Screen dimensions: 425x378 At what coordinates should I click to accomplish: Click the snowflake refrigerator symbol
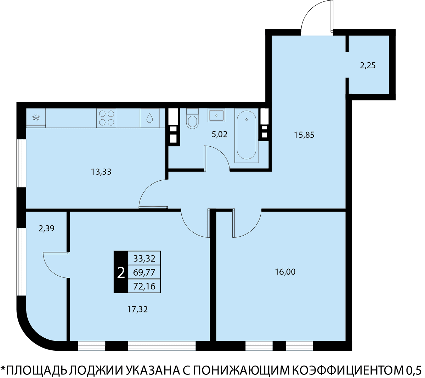tap(36, 118)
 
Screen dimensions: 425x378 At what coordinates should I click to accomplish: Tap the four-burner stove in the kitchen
tap(106, 118)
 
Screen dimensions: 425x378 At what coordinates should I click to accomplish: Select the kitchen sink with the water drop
tap(149, 118)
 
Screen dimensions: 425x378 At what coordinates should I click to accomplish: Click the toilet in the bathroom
tap(193, 118)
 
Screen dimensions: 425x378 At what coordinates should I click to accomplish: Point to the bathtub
tap(246, 135)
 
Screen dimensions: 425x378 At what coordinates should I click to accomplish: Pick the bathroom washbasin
tap(216, 115)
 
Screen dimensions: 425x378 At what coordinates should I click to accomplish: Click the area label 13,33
tap(101, 172)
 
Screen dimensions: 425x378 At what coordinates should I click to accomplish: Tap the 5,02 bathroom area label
tap(220, 134)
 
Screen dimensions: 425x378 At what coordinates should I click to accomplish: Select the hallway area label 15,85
tap(304, 135)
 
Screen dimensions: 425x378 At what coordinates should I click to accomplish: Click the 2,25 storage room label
tap(368, 66)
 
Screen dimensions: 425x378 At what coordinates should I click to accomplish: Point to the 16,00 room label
tap(285, 272)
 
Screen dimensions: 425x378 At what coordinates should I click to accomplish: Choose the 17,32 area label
tap(137, 309)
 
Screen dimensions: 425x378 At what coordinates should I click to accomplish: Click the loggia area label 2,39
tap(46, 229)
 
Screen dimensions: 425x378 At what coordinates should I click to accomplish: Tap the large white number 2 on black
tap(121, 273)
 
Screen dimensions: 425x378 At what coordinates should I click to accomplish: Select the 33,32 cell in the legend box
tap(144, 259)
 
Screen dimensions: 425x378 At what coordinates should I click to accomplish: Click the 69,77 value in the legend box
tap(144, 272)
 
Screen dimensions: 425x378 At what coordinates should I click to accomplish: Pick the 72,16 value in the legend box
tap(144, 286)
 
